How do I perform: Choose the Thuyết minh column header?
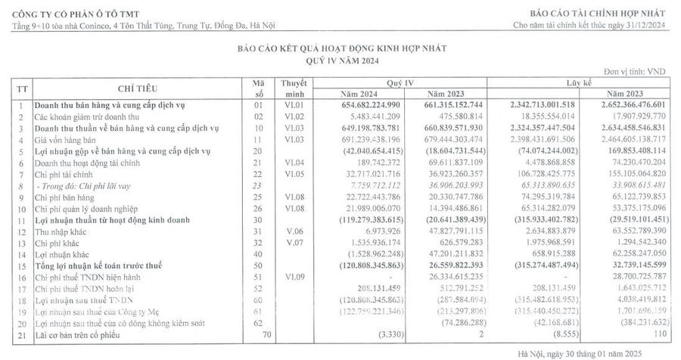[x=292, y=88]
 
